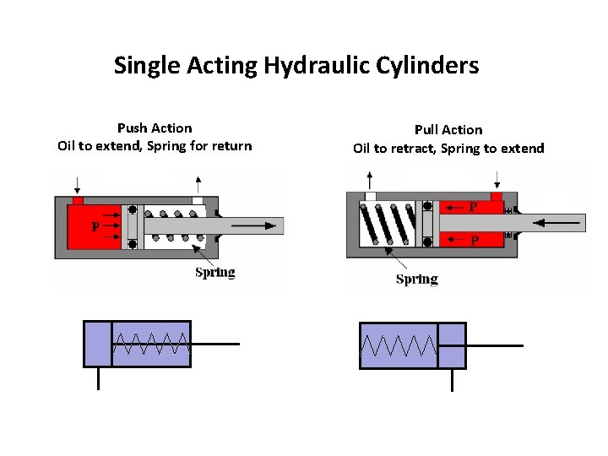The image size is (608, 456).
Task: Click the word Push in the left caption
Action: click(x=132, y=128)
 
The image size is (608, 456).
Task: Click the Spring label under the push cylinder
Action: click(x=214, y=272)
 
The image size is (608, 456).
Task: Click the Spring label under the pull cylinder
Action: click(x=416, y=279)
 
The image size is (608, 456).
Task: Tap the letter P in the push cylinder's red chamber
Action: click(x=95, y=227)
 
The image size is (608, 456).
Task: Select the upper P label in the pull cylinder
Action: click(x=473, y=207)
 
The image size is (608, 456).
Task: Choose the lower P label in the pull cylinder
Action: click(x=475, y=241)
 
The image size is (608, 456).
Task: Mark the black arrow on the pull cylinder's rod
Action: click(x=561, y=223)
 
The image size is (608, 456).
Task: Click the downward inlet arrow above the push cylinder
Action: click(x=77, y=183)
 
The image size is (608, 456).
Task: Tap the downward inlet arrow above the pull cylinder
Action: click(x=497, y=179)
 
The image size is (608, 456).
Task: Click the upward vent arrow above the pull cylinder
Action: click(x=369, y=179)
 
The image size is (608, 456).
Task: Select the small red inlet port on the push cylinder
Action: click(x=78, y=201)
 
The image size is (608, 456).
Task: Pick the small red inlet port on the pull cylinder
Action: click(x=497, y=197)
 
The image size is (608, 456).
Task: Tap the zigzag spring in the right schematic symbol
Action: click(x=399, y=345)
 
